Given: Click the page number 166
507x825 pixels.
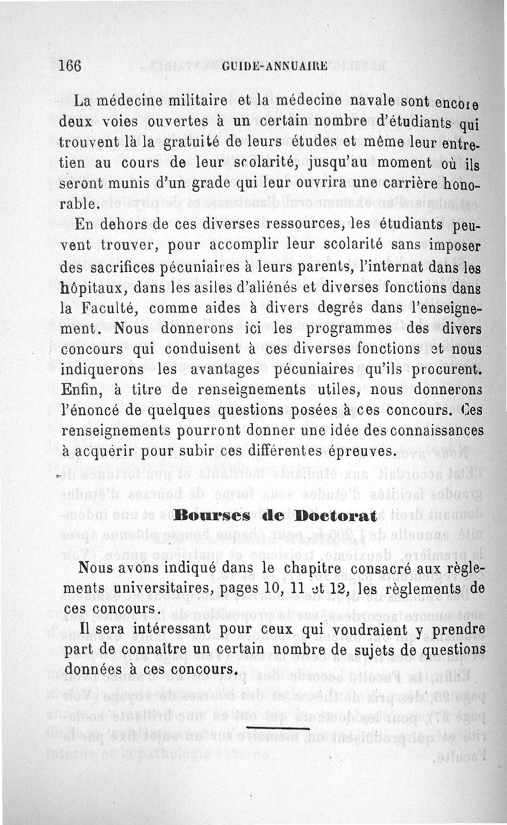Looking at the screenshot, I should click(x=70, y=66).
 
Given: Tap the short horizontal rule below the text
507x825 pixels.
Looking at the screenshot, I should click(x=275, y=727).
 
